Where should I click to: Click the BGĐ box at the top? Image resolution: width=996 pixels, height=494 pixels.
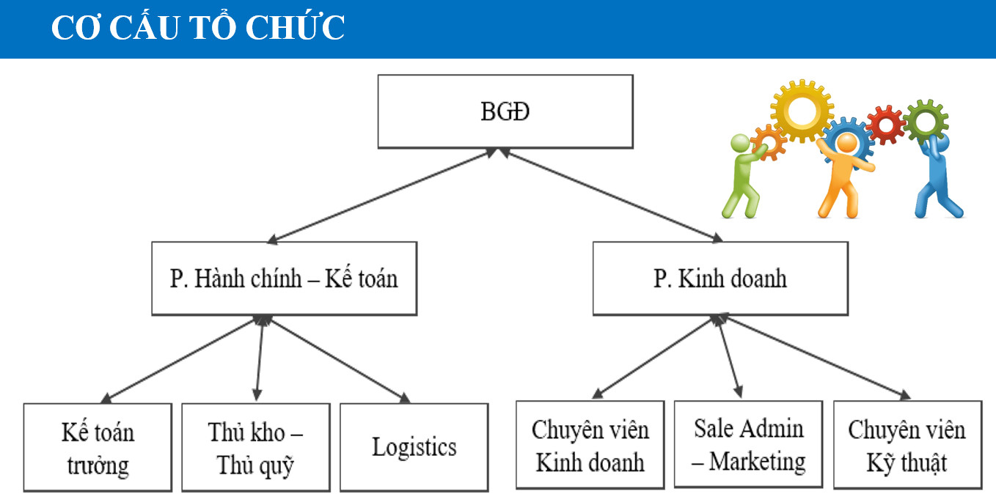[505, 111]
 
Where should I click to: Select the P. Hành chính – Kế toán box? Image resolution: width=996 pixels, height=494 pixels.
[284, 279]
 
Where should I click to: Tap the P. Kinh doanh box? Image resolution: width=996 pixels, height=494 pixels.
[719, 279]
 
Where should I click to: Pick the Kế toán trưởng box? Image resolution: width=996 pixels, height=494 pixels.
[98, 446]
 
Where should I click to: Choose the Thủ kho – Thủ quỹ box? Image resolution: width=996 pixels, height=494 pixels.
[255, 446]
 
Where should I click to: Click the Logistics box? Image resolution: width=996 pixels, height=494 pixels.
[414, 446]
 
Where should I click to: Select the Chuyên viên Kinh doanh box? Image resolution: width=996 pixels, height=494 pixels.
[590, 444]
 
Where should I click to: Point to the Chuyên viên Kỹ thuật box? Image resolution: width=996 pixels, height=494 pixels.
[907, 444]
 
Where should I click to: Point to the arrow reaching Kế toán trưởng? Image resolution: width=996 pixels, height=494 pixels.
[180, 359]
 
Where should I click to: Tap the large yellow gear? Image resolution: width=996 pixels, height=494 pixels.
[802, 111]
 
